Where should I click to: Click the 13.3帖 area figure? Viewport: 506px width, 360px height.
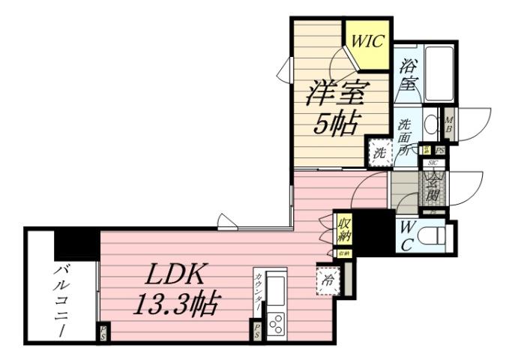click(177, 304)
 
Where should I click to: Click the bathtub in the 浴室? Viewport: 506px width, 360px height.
click(438, 72)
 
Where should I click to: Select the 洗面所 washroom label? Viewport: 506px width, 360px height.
click(405, 136)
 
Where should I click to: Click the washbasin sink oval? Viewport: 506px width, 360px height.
click(430, 124)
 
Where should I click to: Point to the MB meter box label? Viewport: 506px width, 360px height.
click(449, 124)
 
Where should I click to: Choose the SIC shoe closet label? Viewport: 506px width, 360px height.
click(433, 163)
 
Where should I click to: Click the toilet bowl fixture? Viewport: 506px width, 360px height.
click(433, 237)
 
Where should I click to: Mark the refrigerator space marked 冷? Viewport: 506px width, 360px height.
click(328, 280)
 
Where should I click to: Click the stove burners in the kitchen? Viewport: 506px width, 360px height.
click(276, 323)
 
